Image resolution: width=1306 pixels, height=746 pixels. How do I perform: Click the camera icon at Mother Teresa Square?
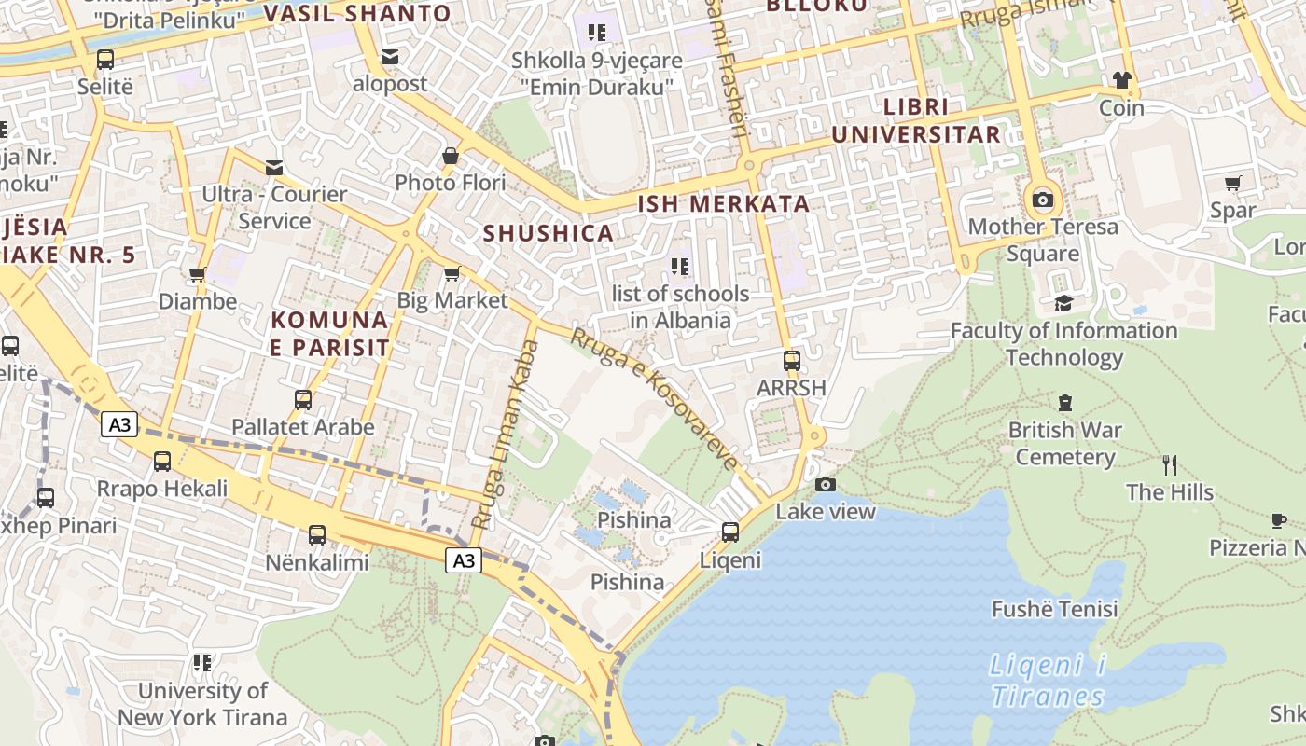(1043, 200)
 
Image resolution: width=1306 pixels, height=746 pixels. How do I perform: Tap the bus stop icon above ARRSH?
(791, 360)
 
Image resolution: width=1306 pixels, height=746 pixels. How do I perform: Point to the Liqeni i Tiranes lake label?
(1048, 681)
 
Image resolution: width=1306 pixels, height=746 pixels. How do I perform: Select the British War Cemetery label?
(1064, 444)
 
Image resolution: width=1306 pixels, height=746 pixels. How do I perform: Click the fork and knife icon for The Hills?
(1170, 464)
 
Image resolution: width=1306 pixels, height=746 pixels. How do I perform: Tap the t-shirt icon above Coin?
(1121, 80)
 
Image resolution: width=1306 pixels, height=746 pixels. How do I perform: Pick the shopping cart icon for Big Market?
(452, 273)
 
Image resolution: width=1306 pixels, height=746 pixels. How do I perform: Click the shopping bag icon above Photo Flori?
(451, 156)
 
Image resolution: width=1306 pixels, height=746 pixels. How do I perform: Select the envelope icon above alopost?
(390, 57)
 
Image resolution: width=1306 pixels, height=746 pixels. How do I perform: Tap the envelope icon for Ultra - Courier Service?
(274, 168)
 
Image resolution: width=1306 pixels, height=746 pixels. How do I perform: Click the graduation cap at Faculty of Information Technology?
(1063, 303)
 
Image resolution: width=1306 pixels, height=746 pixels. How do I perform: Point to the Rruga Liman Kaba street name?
(505, 434)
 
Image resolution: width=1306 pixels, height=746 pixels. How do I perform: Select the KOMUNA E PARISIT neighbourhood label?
(330, 334)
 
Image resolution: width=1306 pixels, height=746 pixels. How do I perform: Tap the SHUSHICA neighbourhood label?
(549, 233)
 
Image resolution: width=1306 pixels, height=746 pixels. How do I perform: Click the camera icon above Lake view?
(826, 484)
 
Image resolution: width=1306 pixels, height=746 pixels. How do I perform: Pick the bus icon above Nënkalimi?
(317, 535)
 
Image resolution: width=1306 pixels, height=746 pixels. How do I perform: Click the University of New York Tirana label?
(202, 704)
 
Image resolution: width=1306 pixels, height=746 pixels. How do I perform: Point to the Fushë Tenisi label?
(1054, 610)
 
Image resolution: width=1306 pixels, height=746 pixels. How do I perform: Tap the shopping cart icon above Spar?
(1233, 184)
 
